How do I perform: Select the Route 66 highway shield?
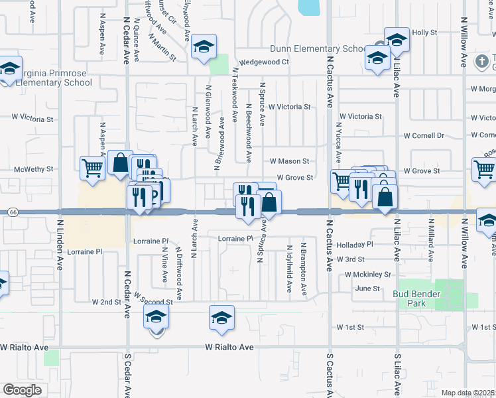tap(13, 212)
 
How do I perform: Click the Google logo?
tap(22, 389)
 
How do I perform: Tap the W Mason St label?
tap(290, 161)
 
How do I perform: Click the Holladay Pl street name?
tap(355, 244)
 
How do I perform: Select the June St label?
tap(367, 289)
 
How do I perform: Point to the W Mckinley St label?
tap(367, 274)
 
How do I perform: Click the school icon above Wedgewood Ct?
tap(204, 46)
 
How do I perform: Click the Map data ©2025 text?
tap(467, 393)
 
